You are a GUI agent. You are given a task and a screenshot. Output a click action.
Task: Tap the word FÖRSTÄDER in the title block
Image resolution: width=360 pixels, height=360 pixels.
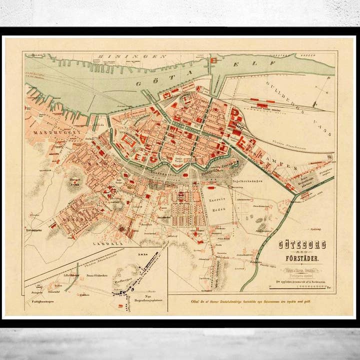click(x=301, y=258)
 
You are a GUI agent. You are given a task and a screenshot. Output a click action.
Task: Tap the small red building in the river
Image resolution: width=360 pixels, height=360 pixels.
click(x=212, y=60)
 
